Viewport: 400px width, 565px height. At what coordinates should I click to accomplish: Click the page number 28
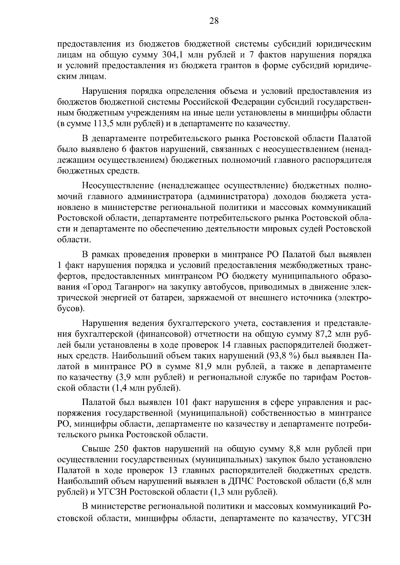[x=214, y=21]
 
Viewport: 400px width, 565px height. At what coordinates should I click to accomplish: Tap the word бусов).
[x=71, y=308]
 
